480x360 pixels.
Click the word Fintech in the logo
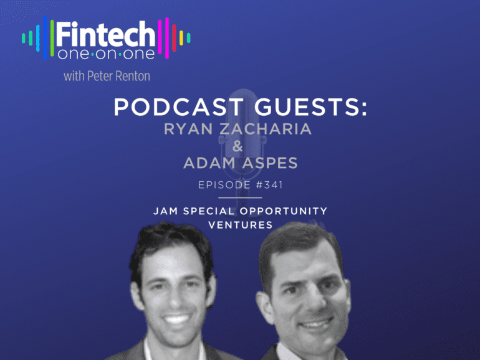tap(105, 34)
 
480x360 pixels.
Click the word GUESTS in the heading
tap(310, 107)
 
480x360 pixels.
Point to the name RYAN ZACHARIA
tap(238, 129)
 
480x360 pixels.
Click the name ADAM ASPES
tap(240, 163)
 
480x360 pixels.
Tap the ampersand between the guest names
tap(238, 146)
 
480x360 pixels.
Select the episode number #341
tap(269, 185)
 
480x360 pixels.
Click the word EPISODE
tap(224, 185)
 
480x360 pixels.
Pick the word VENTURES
tap(240, 225)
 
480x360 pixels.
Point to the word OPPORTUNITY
tap(284, 211)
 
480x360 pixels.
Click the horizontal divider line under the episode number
tap(240, 197)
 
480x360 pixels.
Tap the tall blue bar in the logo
tap(45, 37)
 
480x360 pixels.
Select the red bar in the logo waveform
tap(174, 37)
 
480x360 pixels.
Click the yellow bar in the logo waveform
tap(181, 38)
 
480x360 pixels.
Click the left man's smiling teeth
tap(176, 320)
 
